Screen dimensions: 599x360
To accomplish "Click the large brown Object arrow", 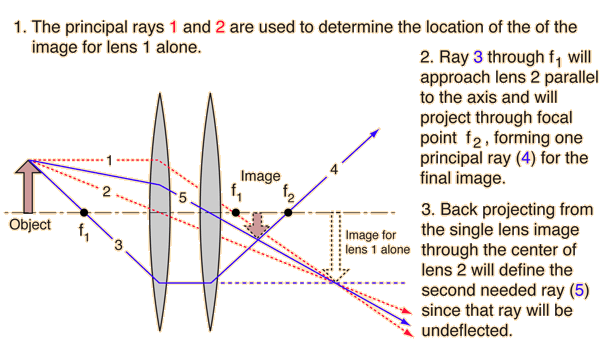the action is click(29, 188).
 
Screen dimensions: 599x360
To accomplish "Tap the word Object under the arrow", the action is click(29, 225).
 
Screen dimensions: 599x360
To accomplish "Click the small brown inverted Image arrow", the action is click(258, 225).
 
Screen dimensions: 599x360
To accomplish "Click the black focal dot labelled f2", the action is click(289, 212).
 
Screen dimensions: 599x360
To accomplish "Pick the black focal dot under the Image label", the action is click(236, 212).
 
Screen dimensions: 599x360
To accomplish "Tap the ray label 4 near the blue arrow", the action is click(333, 171).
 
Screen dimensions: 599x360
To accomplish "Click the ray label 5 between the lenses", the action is click(182, 198).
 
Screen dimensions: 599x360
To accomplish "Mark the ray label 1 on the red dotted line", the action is click(110, 157).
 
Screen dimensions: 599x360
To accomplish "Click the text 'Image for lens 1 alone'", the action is click(376, 242).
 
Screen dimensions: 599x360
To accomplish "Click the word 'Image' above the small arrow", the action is click(260, 176).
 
